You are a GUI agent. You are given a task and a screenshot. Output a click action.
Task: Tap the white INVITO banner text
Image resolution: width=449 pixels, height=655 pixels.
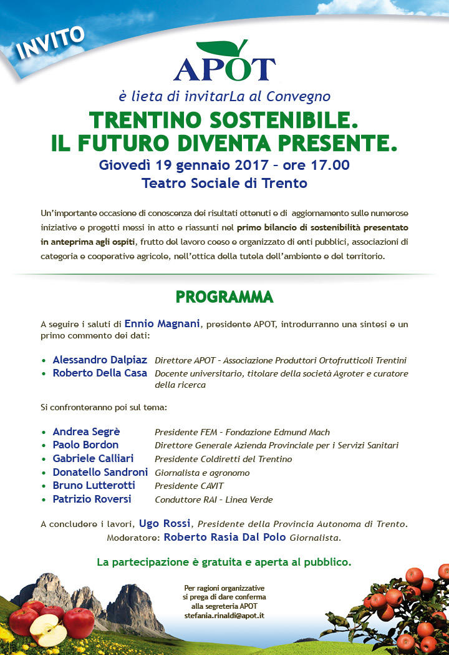pyautogui.click(x=51, y=42)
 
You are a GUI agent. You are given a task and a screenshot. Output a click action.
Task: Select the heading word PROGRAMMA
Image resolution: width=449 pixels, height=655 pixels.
pyautogui.click(x=224, y=297)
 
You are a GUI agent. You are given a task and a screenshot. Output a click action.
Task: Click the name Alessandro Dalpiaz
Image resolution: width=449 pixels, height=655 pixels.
pyautogui.click(x=100, y=360)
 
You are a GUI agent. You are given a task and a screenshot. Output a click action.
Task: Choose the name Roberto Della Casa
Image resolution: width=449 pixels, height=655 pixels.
pyautogui.click(x=100, y=373)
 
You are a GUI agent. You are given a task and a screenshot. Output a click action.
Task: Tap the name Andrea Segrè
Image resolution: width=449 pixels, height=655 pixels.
pyautogui.click(x=86, y=432)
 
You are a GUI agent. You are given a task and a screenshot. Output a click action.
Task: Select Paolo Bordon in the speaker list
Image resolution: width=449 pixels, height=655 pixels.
pyautogui.click(x=85, y=445)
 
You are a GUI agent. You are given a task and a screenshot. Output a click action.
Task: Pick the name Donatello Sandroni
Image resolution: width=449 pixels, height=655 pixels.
pyautogui.click(x=100, y=472)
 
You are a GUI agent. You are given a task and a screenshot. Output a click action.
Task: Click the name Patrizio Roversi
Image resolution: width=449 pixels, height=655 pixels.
pyautogui.click(x=92, y=499)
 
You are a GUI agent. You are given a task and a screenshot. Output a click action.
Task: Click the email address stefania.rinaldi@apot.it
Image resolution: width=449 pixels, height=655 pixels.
pyautogui.click(x=224, y=616)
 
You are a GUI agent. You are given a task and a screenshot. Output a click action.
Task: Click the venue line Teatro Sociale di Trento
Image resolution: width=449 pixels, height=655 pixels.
pyautogui.click(x=224, y=184)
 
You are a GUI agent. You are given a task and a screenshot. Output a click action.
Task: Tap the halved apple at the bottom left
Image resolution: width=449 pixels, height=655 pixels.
pyautogui.click(x=49, y=630)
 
